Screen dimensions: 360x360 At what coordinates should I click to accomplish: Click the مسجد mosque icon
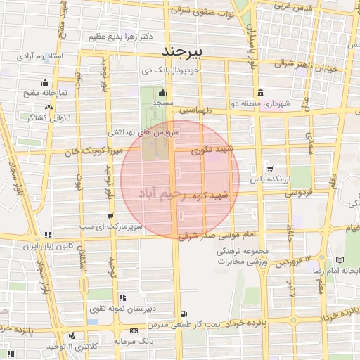[163, 92]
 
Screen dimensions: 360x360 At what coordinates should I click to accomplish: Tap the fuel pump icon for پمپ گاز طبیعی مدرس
[184, 314]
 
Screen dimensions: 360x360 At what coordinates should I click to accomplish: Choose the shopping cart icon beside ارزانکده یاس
[269, 169]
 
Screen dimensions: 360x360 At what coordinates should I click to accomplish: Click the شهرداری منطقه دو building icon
[260, 93]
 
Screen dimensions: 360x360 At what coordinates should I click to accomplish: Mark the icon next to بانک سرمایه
[134, 330]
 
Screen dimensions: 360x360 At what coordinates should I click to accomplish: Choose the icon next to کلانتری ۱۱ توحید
[71, 336]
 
